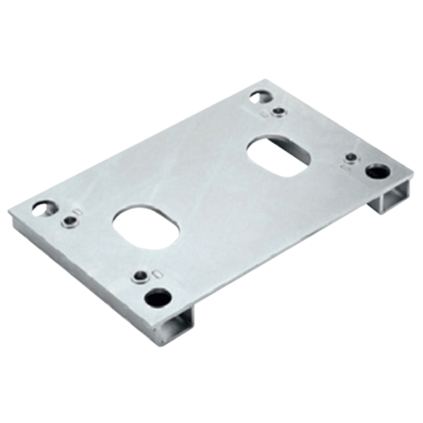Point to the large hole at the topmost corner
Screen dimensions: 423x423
(x=261, y=98)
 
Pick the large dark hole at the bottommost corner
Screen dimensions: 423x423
(x=154, y=298)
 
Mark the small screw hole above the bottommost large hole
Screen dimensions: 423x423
(x=140, y=276)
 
